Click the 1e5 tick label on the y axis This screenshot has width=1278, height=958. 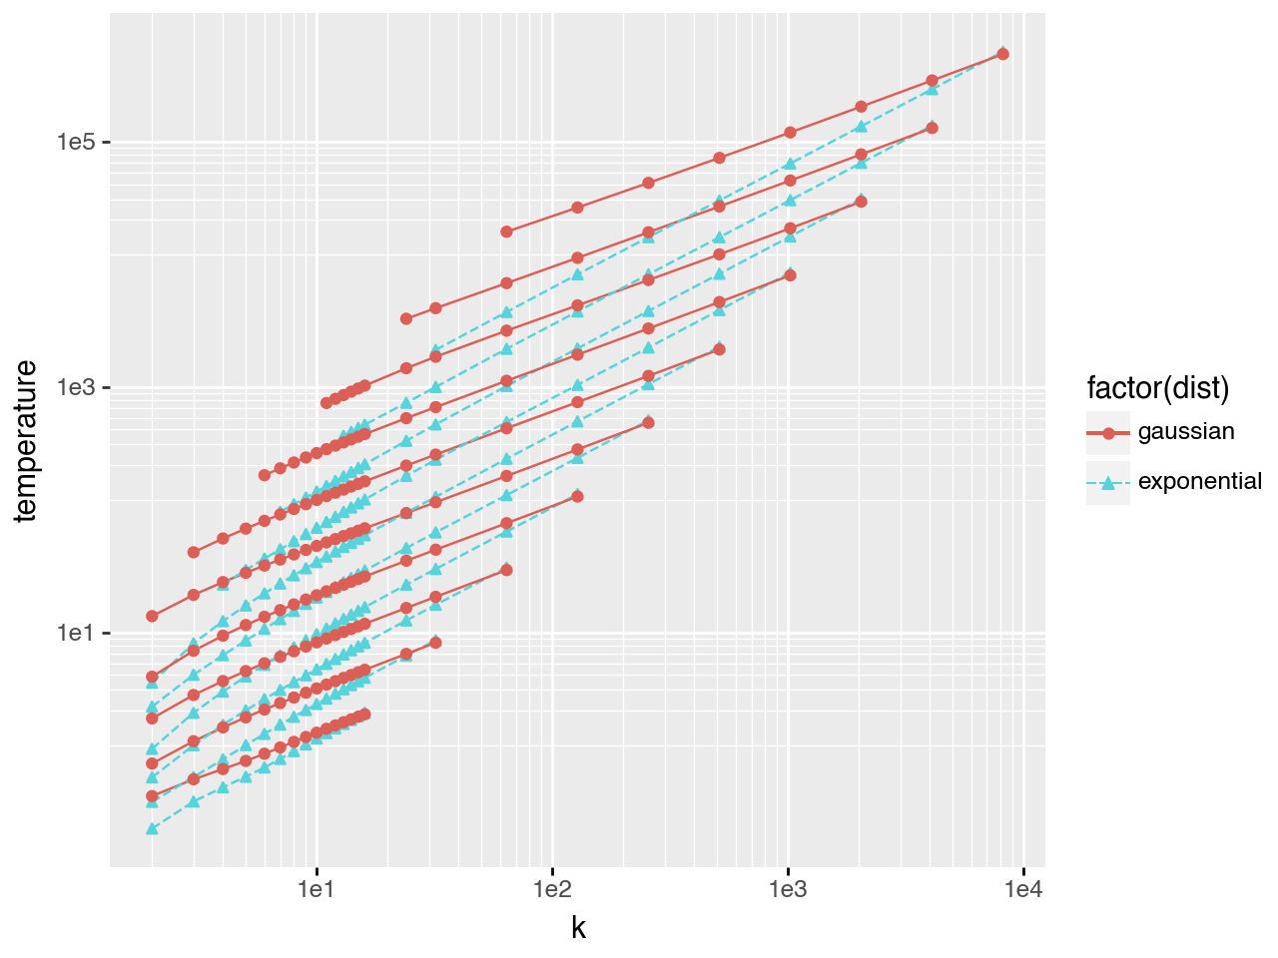click(75, 142)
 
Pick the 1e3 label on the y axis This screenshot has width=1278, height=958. click(75, 387)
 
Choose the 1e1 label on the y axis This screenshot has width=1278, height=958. click(75, 634)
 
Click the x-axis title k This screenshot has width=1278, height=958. click(578, 928)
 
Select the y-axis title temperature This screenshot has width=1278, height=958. click(27, 440)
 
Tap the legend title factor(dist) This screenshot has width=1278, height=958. click(1158, 387)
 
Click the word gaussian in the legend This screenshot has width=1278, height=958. click(1186, 432)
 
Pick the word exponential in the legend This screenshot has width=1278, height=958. click(1199, 482)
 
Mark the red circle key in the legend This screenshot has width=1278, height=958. click(1108, 433)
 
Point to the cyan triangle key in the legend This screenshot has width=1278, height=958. click(1108, 483)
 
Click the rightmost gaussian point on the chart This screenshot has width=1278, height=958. click(1003, 54)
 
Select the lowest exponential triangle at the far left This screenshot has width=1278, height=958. click(152, 828)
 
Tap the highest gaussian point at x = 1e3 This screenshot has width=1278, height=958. click(790, 132)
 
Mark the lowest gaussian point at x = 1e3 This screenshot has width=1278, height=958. click(790, 275)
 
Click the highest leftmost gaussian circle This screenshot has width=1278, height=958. click(152, 616)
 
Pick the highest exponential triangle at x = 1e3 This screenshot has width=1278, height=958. click(790, 164)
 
